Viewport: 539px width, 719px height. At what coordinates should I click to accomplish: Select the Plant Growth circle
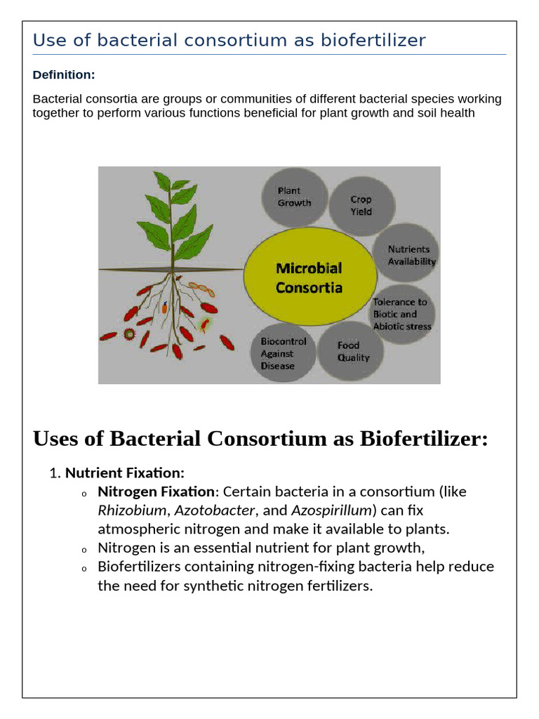294,197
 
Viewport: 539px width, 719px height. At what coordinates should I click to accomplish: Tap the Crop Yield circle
361,205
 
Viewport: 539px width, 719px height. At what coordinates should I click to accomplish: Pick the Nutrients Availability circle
411,255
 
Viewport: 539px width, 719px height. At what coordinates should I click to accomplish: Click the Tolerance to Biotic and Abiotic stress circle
402,314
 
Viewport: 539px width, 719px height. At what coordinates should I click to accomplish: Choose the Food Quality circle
351,351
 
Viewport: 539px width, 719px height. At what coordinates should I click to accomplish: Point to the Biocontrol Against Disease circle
283,353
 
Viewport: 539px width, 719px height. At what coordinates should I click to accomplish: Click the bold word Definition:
64,75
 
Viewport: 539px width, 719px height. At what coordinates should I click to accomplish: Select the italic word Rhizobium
132,510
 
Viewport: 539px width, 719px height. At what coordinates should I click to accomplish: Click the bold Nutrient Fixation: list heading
124,473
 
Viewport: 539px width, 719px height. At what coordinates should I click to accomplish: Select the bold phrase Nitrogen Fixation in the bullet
156,491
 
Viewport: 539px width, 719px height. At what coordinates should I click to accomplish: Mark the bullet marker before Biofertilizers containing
84,567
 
